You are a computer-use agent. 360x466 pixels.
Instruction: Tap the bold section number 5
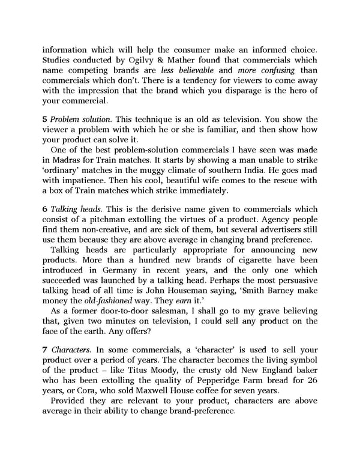(x=45, y=120)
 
